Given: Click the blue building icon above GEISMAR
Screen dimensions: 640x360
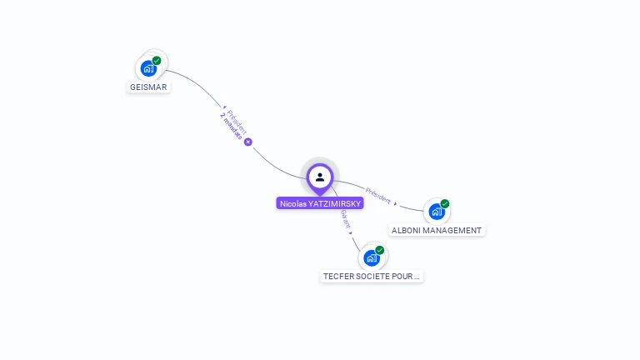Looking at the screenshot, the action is click(148, 68).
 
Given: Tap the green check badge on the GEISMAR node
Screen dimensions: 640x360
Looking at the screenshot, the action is click(157, 61).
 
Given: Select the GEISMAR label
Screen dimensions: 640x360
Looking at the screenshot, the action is click(149, 87).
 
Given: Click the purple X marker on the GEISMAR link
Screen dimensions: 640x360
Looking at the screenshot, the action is click(247, 142).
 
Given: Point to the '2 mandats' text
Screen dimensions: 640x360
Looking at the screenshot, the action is click(232, 126).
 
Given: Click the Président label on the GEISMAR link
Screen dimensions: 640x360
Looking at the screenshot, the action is click(237, 120).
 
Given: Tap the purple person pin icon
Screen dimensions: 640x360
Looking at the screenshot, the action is click(320, 177).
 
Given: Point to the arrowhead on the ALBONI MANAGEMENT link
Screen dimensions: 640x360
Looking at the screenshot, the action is click(396, 204).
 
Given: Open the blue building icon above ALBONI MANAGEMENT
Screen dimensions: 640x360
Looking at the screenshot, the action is click(436, 212).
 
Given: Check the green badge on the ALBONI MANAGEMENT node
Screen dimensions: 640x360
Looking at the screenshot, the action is click(445, 204).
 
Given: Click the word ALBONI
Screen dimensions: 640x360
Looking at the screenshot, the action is click(407, 230).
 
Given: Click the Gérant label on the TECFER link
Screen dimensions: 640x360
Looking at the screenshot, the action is click(345, 218).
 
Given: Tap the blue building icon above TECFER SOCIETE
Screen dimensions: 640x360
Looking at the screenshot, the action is click(371, 257).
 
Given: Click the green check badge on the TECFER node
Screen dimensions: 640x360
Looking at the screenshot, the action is click(380, 250).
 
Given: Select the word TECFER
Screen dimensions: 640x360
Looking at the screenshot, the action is click(338, 276).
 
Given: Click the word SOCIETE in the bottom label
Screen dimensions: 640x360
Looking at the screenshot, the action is click(375, 276).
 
